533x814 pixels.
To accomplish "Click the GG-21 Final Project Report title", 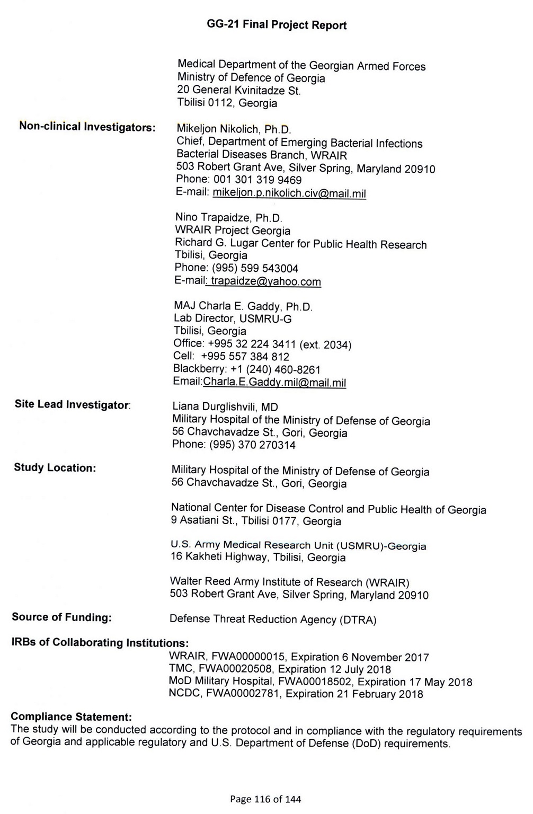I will coord(277,25).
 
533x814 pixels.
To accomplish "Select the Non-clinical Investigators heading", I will coord(87,127).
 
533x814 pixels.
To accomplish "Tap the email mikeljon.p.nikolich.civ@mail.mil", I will coord(289,193).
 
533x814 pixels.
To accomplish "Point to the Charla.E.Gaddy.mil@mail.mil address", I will coord(274,382).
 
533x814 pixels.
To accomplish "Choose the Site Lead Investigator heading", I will coord(72,404).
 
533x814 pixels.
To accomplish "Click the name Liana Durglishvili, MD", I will coord(225,407).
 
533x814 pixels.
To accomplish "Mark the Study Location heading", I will coord(55,468).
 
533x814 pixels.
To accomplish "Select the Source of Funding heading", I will coord(61,617).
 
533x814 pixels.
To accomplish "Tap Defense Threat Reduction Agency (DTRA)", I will coord(273,619).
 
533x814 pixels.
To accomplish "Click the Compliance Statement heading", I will coord(71,716).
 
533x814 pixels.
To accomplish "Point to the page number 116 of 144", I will coord(265,799).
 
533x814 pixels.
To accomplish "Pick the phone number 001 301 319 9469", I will coord(257,180).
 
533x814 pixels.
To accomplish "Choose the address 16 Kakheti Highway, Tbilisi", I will coord(257,558).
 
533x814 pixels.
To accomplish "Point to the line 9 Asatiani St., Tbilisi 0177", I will coord(256,521).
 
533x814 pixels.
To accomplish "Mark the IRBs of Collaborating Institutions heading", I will coord(100,642).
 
